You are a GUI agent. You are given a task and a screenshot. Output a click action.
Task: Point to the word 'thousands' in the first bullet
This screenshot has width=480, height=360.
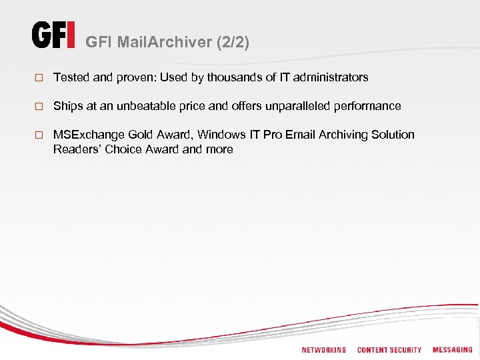tap(233, 77)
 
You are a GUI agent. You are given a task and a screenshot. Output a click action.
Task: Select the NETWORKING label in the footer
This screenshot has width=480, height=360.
tap(323, 350)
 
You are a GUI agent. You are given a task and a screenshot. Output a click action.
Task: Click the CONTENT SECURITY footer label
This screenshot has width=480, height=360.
tap(389, 350)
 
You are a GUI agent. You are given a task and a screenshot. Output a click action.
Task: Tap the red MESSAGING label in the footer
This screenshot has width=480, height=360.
tap(452, 349)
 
